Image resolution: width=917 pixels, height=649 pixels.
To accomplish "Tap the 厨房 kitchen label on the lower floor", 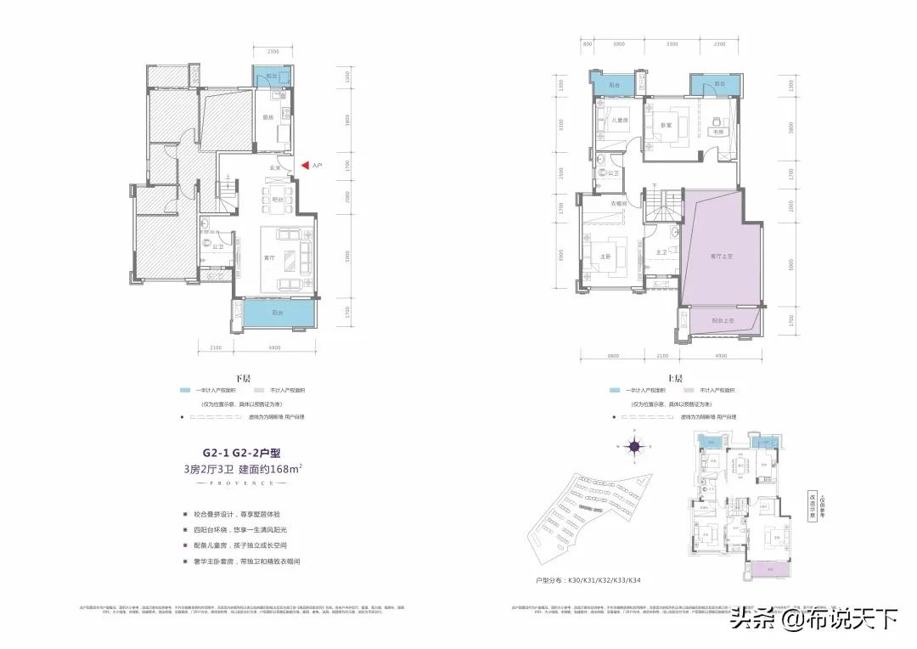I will click(x=267, y=117).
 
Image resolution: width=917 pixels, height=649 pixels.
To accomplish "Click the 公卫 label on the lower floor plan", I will click(x=218, y=247).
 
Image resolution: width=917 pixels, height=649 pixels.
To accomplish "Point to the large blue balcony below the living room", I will click(x=276, y=315).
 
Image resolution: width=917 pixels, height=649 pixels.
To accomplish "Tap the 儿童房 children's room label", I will click(x=620, y=119).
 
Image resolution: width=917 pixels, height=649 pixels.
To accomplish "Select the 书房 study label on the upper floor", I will click(x=717, y=132).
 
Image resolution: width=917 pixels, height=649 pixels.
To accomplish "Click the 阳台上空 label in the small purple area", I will click(x=723, y=321).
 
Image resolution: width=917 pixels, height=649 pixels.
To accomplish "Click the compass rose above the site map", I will click(x=634, y=444).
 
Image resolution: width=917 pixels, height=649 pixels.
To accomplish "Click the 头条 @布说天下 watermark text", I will click(x=814, y=618).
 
